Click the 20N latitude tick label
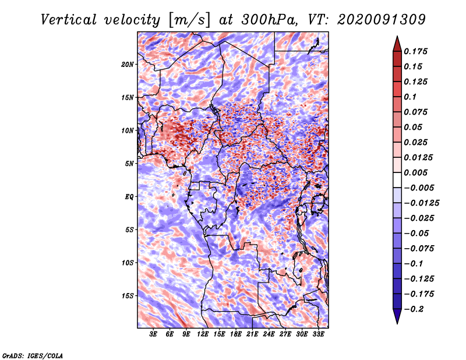(128, 64)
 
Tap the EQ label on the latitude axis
(129, 196)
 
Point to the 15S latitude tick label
(128, 295)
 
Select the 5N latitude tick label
(129, 163)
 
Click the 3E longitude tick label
(154, 334)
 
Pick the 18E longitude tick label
(236, 334)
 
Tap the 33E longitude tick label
(318, 334)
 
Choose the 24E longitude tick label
(269, 334)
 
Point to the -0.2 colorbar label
(415, 309)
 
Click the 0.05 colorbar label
(415, 127)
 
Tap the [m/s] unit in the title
(188, 20)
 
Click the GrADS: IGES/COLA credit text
(33, 354)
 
